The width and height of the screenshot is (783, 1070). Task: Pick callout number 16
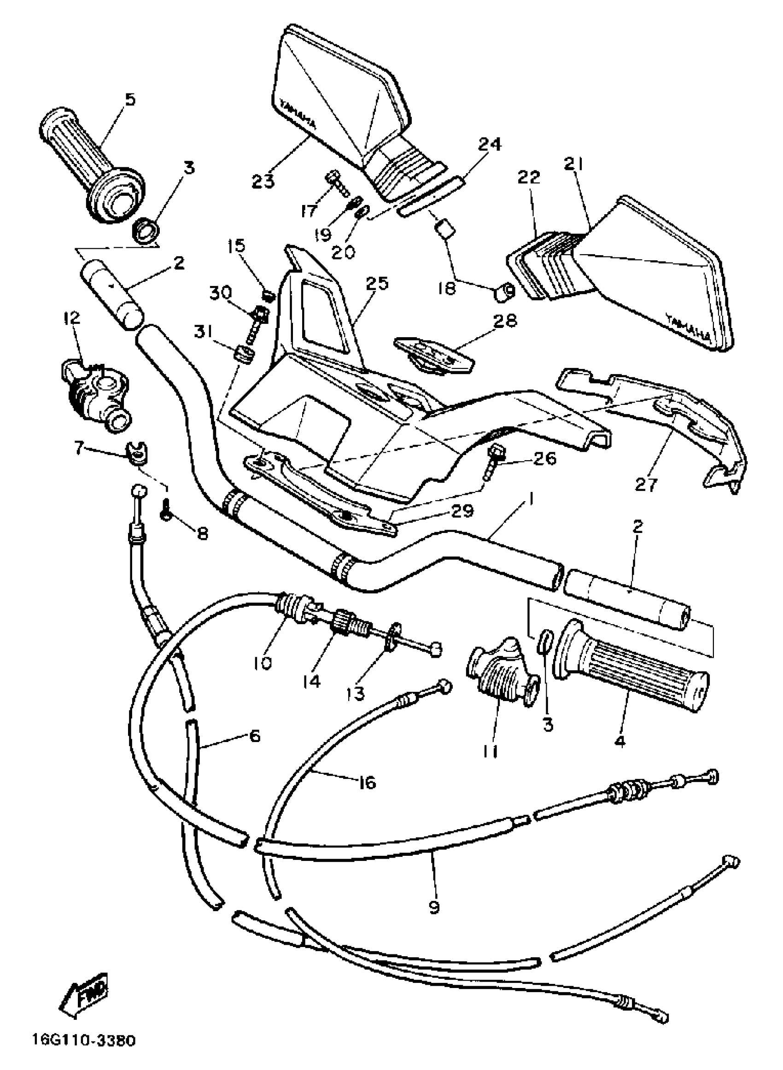point(368,783)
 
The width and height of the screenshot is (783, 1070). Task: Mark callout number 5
point(129,99)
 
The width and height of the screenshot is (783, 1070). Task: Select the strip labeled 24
point(431,197)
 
